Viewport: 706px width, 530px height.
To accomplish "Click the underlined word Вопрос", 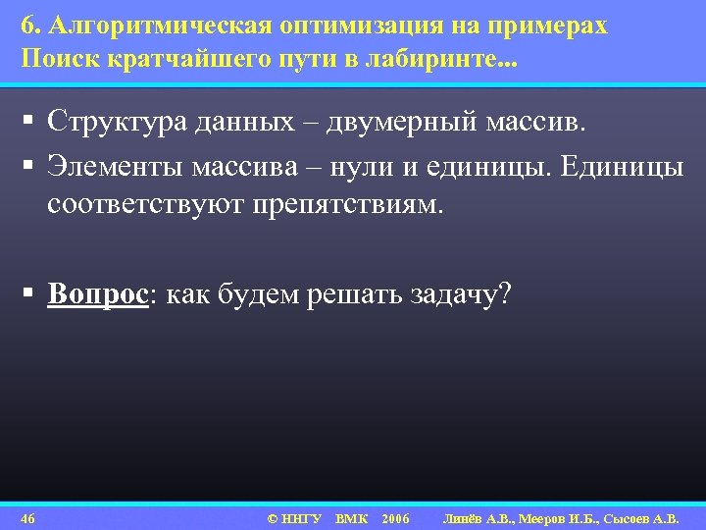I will (x=97, y=294).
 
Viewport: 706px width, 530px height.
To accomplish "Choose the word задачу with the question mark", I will (x=459, y=294).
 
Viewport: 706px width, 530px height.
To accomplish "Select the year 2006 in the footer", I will (x=396, y=517).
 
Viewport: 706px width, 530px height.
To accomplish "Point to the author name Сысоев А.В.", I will (x=649, y=517).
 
